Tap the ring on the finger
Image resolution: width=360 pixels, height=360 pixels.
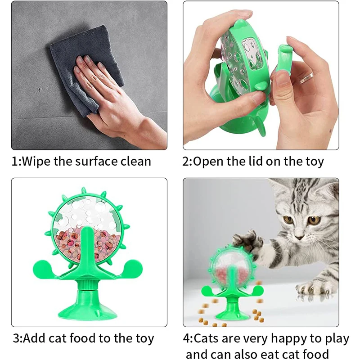[306, 78]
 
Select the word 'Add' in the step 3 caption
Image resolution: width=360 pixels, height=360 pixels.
[35, 338]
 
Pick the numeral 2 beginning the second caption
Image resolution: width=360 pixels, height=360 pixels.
[185, 162]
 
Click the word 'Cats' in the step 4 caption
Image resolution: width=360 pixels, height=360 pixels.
[206, 338]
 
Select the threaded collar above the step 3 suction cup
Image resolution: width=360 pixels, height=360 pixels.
[88, 285]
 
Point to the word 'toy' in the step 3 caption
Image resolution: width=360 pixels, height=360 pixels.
[144, 339]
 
